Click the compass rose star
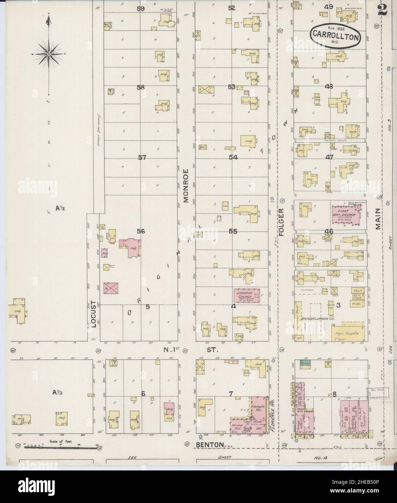click(48, 54)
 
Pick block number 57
click(142, 157)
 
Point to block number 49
click(329, 7)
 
